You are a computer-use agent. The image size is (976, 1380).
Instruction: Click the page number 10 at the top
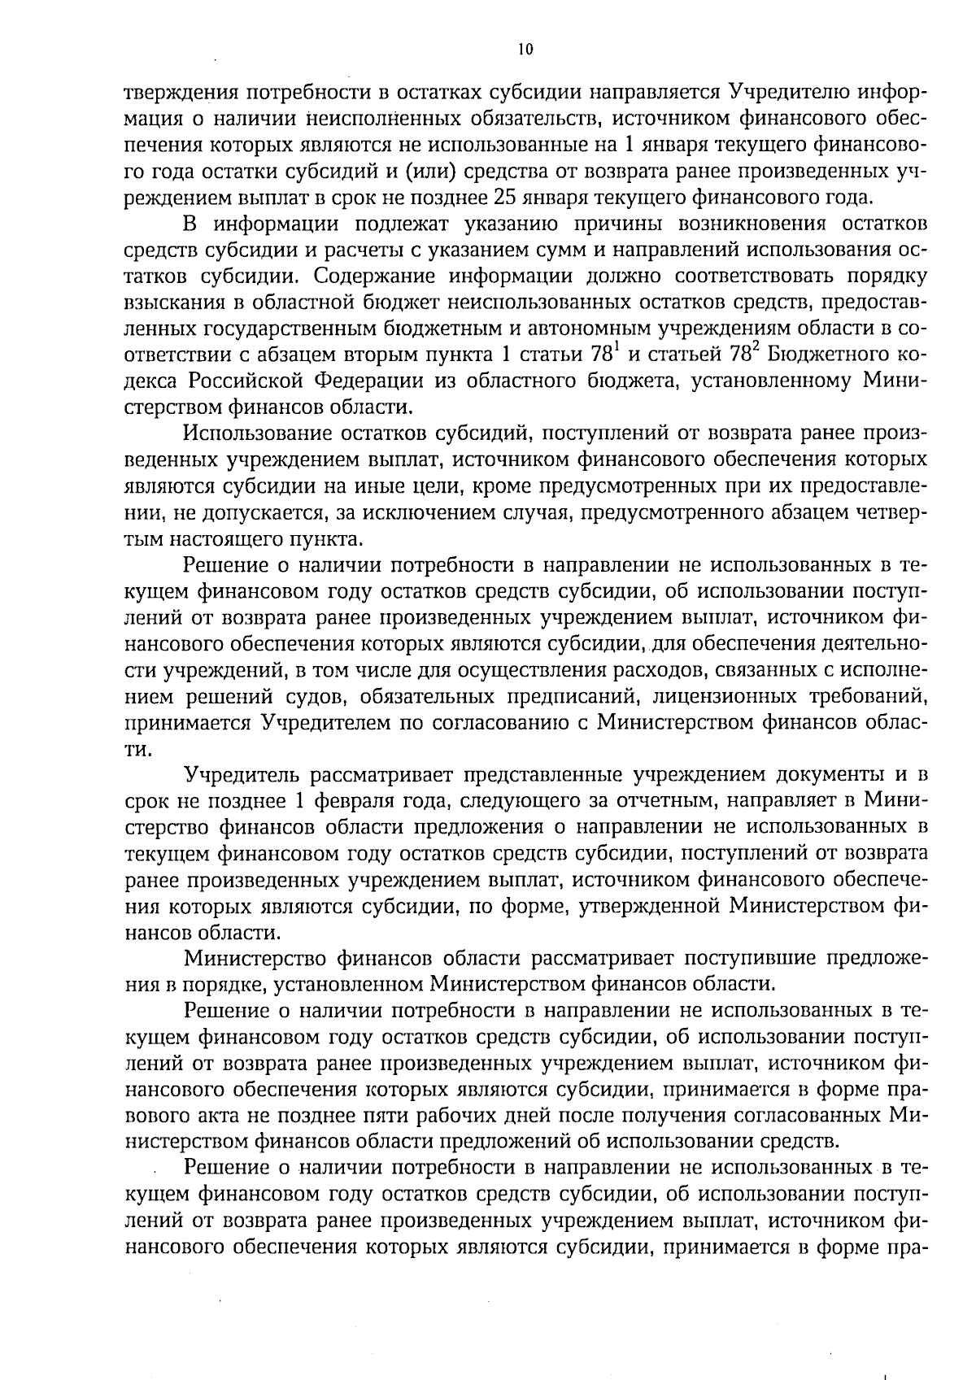click(x=525, y=50)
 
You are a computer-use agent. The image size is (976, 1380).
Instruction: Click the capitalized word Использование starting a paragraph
click(x=266, y=433)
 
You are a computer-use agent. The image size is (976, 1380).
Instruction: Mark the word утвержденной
click(x=650, y=905)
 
